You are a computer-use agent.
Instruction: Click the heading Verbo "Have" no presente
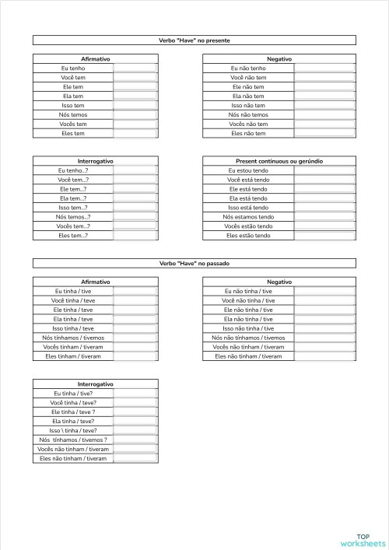[x=194, y=40]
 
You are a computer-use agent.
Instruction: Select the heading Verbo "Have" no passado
[x=194, y=264]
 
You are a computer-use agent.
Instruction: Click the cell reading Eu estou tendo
[x=248, y=170]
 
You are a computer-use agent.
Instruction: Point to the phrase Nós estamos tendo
[x=248, y=216]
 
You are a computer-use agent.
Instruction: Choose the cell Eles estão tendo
[x=248, y=235]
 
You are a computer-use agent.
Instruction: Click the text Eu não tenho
[x=248, y=68]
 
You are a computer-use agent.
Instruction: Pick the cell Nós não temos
[x=248, y=114]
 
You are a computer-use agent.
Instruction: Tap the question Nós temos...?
[x=73, y=216]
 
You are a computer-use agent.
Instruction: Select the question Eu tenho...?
[x=73, y=170]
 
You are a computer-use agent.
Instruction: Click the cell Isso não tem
[x=248, y=105]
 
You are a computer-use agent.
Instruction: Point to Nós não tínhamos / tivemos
[x=248, y=338]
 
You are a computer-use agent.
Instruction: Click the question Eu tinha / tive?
[x=74, y=394]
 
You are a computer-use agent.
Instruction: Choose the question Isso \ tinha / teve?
[x=73, y=430]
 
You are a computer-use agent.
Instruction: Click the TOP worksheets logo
[x=363, y=540]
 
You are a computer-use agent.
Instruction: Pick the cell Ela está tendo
[x=248, y=198]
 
